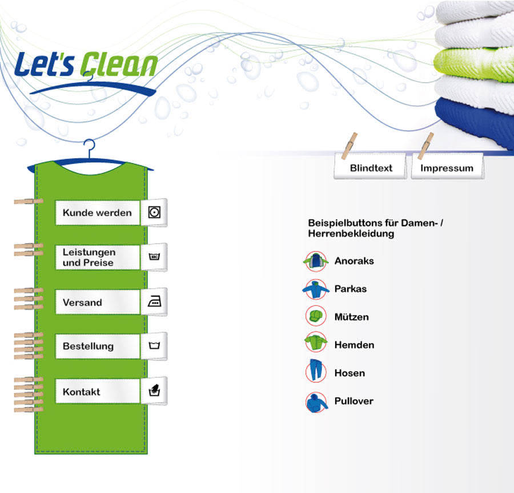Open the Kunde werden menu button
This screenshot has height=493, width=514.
point(97,213)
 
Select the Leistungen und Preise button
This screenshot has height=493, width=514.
point(97,257)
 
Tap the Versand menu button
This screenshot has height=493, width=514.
point(97,302)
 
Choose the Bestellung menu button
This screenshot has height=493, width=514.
point(97,346)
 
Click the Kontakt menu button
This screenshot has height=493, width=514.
point(97,392)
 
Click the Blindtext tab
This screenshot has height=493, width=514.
point(371,168)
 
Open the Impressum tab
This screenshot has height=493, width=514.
point(447,168)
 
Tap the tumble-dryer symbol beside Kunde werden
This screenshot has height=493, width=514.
point(154,213)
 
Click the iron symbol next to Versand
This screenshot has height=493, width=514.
point(154,302)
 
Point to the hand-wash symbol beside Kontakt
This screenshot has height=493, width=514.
point(154,391)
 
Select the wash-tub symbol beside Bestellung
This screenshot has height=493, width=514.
point(154,346)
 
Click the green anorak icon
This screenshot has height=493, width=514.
point(315,261)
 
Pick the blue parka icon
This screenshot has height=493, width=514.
point(315,289)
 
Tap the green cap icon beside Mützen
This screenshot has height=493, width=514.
point(315,316)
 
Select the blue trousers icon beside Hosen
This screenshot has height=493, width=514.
point(315,372)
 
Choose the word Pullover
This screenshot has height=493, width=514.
point(354,401)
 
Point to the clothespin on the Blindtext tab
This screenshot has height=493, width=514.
point(350,145)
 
